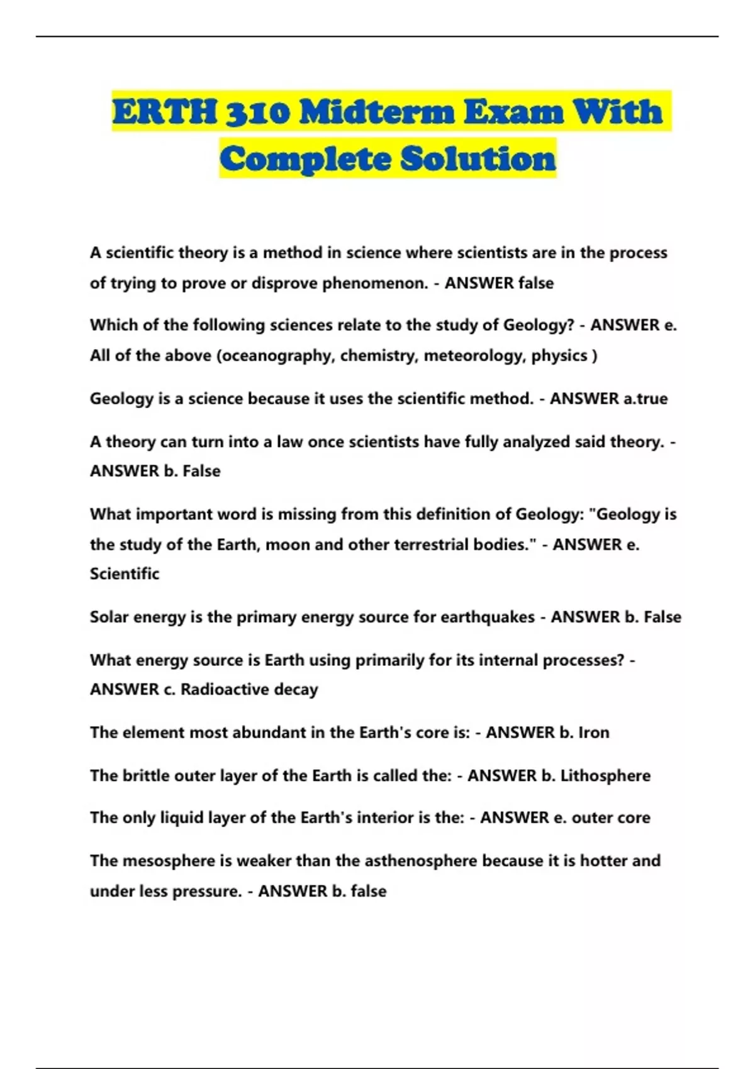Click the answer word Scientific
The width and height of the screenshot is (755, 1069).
point(125,573)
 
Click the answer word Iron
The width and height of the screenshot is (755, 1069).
point(593,733)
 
